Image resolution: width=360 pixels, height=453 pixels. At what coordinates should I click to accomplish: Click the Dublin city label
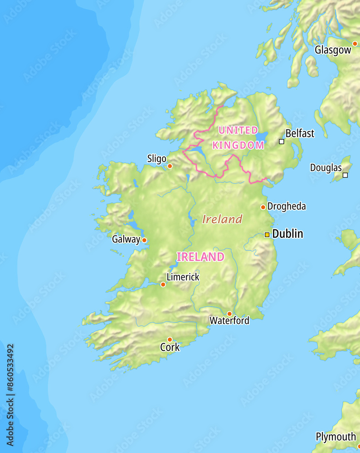tap(287, 234)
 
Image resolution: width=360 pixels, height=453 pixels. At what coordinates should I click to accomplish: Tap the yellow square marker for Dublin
tap(267, 235)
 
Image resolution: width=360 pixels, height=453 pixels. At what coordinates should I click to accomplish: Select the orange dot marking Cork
tap(170, 339)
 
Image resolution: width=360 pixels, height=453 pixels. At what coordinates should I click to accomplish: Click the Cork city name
tap(170, 347)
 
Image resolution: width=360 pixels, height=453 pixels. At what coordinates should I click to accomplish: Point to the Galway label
tap(126, 239)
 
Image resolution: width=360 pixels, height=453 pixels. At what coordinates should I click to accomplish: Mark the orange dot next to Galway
tap(144, 240)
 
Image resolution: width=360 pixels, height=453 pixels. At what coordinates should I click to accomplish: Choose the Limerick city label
tap(183, 277)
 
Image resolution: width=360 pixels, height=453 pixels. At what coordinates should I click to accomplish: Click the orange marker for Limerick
tap(163, 284)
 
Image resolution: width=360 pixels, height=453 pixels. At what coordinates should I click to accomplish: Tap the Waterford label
tap(229, 321)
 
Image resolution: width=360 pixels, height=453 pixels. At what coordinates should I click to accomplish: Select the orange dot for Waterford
tap(229, 313)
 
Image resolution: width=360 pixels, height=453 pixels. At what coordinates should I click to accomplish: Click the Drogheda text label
tap(287, 207)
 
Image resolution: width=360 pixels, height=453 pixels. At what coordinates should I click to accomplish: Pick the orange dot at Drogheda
tap(263, 207)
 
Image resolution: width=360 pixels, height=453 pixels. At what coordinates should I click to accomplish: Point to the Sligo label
tap(157, 159)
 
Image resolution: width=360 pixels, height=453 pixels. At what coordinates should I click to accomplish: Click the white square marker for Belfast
tap(282, 141)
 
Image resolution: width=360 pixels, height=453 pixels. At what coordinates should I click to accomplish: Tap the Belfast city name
tap(300, 133)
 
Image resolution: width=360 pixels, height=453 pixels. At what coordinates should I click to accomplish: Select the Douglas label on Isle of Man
tap(326, 168)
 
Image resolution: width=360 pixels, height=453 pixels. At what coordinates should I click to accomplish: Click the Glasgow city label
tap(333, 50)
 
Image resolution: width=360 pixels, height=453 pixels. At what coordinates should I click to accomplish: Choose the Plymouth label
tap(336, 437)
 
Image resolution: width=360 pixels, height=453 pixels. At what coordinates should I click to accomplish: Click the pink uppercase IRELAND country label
tap(200, 257)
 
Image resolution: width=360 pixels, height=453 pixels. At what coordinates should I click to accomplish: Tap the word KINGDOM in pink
tap(238, 145)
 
